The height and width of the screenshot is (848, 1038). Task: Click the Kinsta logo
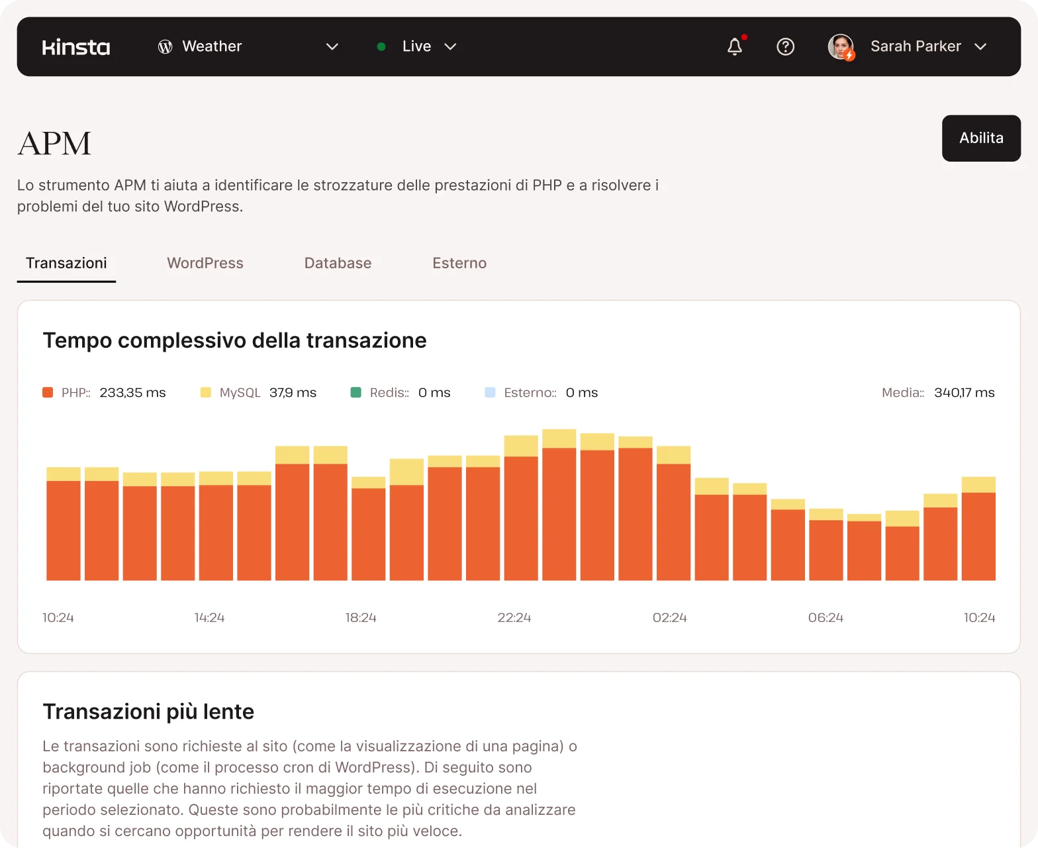[x=76, y=47]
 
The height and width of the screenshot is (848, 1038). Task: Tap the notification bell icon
[x=735, y=46]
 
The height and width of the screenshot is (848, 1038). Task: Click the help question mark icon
[x=785, y=46]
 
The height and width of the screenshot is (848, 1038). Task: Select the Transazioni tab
[x=66, y=263]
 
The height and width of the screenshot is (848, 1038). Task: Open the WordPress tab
[x=205, y=263]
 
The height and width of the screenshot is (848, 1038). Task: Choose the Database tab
[x=338, y=263]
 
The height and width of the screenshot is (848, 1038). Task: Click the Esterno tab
[x=459, y=263]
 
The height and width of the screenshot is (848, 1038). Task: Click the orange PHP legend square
[x=48, y=392]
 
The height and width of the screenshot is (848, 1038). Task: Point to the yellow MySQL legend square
[x=206, y=392]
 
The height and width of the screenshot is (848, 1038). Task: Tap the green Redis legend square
[x=355, y=392]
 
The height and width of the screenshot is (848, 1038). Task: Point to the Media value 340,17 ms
[x=964, y=392]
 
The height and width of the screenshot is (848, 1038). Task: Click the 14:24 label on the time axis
[x=209, y=617]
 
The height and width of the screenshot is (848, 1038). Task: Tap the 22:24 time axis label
[x=514, y=617]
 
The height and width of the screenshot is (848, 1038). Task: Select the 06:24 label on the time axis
[x=826, y=617]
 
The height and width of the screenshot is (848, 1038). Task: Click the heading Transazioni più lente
[x=148, y=712]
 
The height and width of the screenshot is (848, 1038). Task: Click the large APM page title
[x=54, y=143]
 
